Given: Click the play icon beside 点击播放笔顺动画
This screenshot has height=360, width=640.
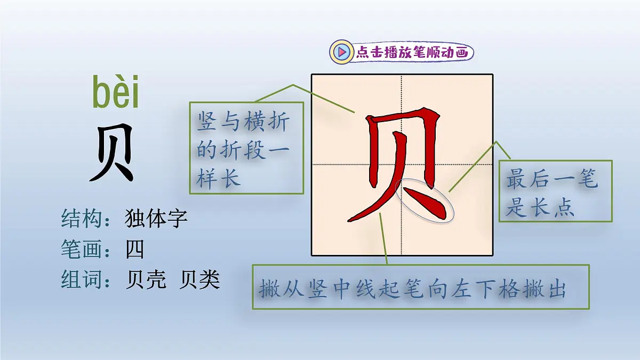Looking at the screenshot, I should (x=341, y=52).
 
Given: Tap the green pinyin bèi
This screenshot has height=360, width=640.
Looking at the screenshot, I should (x=116, y=93).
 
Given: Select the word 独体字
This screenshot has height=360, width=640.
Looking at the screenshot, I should (x=156, y=218).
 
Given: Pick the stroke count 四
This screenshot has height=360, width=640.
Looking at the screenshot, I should (x=135, y=249).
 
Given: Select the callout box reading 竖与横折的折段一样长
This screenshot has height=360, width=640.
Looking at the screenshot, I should (x=246, y=148).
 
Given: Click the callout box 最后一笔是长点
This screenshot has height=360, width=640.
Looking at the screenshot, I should (x=555, y=191).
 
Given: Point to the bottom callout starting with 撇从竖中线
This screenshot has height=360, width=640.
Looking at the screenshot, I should (x=421, y=287).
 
